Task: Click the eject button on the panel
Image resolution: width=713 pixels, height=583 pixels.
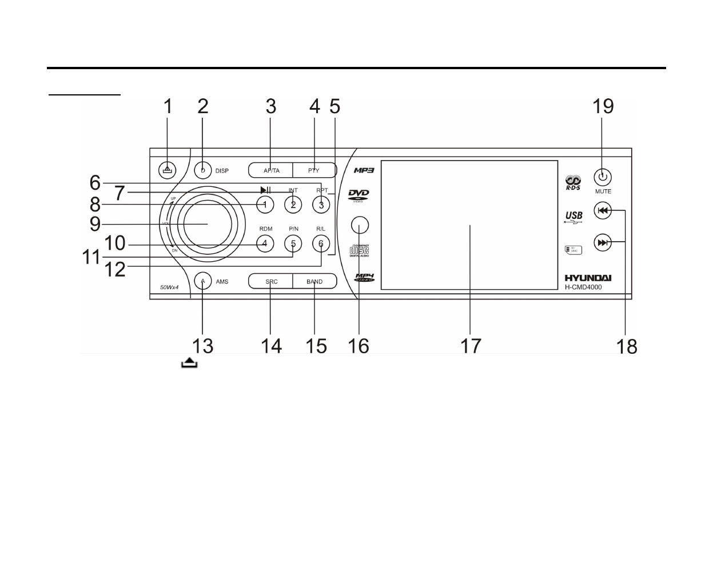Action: tap(167, 170)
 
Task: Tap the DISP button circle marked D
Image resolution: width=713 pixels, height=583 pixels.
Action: tap(202, 170)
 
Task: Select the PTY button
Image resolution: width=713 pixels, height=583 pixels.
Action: tap(314, 170)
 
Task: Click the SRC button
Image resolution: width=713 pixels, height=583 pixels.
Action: tap(271, 281)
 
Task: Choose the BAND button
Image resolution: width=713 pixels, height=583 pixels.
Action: tap(314, 281)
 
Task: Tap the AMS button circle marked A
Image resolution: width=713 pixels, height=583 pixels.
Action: tap(202, 281)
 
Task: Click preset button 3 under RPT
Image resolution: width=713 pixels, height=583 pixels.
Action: tap(321, 204)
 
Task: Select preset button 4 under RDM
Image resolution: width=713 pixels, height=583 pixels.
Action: tap(265, 243)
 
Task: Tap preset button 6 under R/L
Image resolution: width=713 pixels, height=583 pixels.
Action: tap(321, 243)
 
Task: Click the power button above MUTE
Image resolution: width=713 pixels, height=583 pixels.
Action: tap(603, 177)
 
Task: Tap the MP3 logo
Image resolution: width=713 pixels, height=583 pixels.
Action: tap(363, 170)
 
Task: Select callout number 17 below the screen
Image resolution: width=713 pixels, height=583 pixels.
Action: tap(471, 346)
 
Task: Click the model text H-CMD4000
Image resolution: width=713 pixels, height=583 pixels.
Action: tap(583, 287)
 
